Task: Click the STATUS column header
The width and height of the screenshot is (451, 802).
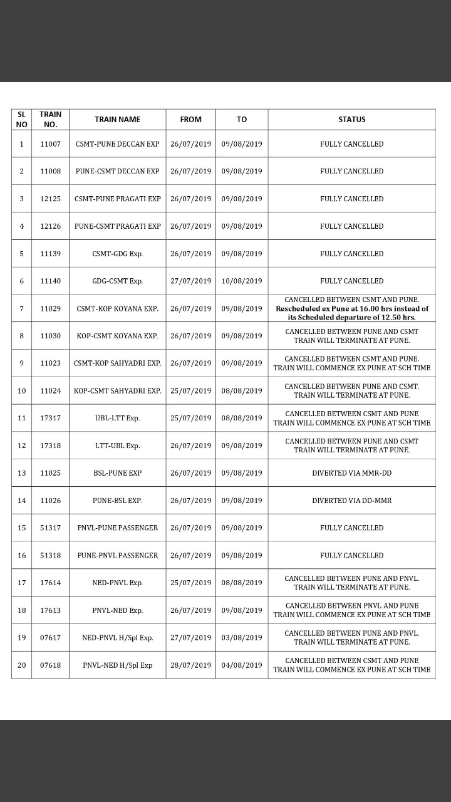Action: (x=351, y=119)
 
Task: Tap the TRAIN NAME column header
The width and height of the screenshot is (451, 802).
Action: (x=117, y=119)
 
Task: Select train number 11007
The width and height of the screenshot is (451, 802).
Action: (x=50, y=144)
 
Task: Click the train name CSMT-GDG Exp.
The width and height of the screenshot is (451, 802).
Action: (x=117, y=254)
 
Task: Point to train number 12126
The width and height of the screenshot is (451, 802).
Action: (x=50, y=226)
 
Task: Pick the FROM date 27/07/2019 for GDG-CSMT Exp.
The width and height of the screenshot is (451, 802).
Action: (x=190, y=281)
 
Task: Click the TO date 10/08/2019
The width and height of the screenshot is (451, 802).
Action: (x=241, y=281)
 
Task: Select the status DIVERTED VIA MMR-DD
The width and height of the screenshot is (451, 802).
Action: (x=351, y=473)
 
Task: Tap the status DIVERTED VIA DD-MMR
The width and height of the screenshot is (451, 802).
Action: (x=351, y=501)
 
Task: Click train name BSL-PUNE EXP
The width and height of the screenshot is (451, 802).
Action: (x=117, y=473)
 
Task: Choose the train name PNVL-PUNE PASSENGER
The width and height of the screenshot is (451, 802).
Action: (x=117, y=528)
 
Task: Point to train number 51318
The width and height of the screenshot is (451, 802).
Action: (x=50, y=555)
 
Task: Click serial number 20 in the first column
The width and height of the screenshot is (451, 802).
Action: (x=21, y=665)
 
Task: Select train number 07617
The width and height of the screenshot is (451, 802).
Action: (x=50, y=638)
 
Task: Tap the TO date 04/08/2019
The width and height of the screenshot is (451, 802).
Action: (x=241, y=665)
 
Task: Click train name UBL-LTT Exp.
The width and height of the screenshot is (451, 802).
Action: (x=117, y=418)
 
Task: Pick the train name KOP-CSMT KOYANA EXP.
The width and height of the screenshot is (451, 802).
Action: (x=117, y=336)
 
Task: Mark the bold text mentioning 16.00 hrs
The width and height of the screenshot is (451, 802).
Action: (x=351, y=308)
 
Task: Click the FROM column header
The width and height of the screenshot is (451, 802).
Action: (x=190, y=119)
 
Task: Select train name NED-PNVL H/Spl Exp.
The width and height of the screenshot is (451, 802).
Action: (x=117, y=638)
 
